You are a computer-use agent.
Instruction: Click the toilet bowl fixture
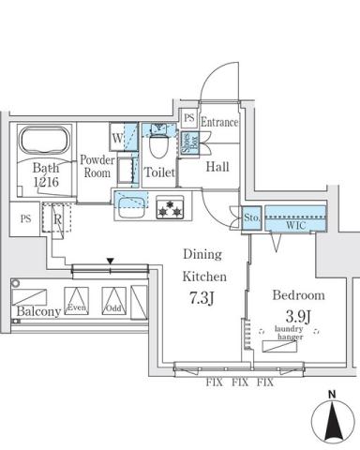(x=158, y=143)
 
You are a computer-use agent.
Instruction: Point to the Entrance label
(x=219, y=123)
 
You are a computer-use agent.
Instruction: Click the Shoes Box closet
(x=187, y=142)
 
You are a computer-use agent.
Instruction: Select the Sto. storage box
(x=250, y=218)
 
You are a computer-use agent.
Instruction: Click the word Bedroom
(x=296, y=293)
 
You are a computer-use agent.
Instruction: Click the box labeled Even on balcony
(x=77, y=301)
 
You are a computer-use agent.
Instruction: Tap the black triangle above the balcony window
(x=110, y=262)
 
